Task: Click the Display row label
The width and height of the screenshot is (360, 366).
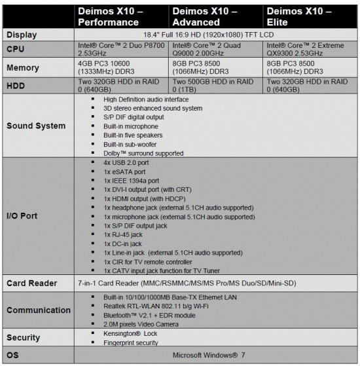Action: point(23,34)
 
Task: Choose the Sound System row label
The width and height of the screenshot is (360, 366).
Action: point(36,126)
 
